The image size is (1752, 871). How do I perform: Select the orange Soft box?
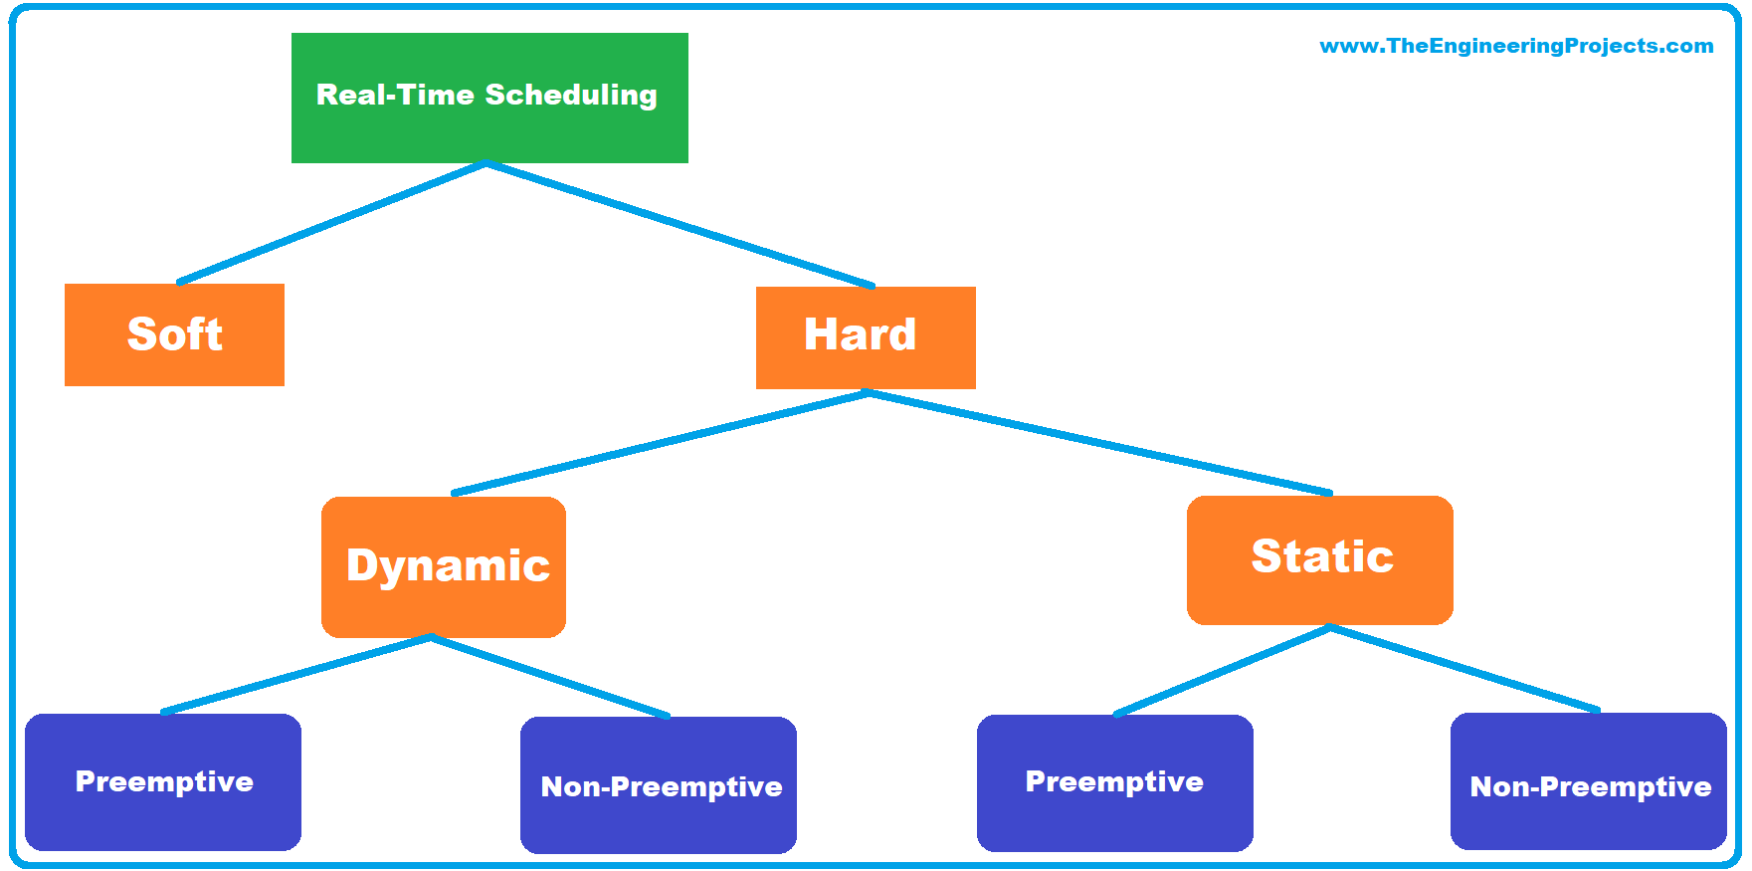click(x=174, y=334)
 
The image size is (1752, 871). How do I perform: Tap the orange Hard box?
click(x=865, y=336)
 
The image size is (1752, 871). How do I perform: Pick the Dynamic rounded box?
click(x=444, y=566)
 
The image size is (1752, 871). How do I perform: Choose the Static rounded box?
click(x=1319, y=559)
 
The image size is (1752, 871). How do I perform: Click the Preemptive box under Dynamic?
click(x=163, y=781)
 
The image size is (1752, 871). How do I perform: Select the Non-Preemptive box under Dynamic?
click(x=659, y=785)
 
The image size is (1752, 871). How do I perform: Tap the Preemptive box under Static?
click(x=1114, y=782)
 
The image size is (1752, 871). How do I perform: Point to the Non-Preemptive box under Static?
click(x=1588, y=781)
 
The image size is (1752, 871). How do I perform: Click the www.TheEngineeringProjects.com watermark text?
click(x=1515, y=46)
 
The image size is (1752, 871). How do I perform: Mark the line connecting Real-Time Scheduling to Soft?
click(x=331, y=223)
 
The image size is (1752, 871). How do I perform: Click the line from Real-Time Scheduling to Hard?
click(x=681, y=225)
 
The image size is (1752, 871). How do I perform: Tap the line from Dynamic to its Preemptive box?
click(x=296, y=674)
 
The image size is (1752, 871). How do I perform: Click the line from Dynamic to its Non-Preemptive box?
click(x=550, y=677)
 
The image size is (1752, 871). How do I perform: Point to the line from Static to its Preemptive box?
click(x=1222, y=670)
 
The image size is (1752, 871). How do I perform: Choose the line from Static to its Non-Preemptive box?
click(x=1464, y=669)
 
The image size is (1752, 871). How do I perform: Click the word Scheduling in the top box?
click(x=571, y=95)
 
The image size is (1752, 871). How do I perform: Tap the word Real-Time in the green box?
click(x=395, y=95)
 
